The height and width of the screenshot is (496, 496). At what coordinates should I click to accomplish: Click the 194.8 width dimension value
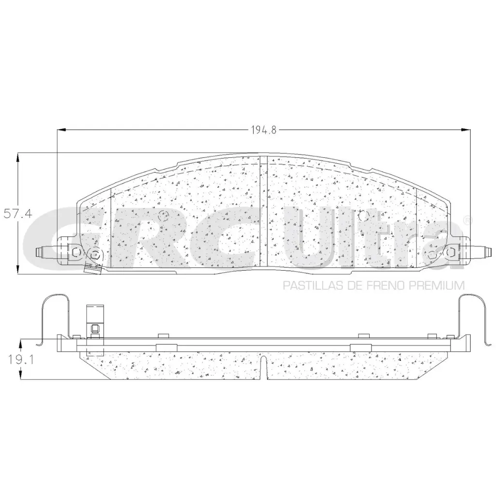point(264,130)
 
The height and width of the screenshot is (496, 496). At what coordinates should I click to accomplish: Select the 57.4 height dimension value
point(17,213)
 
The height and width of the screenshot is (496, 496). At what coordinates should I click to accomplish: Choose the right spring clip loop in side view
point(472,310)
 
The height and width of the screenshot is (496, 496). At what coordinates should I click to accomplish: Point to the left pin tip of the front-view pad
point(39,252)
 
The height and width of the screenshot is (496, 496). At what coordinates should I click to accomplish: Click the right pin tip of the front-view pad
point(485,252)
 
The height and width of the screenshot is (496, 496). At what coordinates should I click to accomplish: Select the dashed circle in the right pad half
point(366,215)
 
